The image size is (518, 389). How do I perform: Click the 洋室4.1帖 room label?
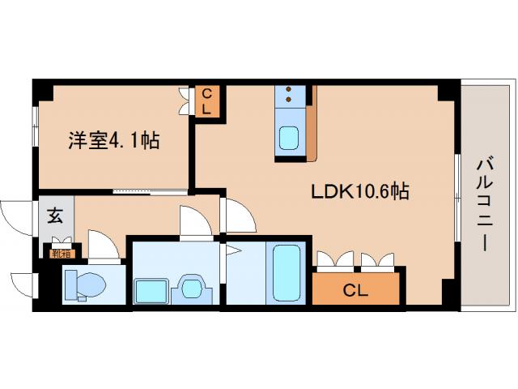(113, 140)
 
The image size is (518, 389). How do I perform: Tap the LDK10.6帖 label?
(359, 192)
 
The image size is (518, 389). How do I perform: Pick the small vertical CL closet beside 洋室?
(206, 100)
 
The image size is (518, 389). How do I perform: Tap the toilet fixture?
(84, 284)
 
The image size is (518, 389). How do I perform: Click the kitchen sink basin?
(289, 139)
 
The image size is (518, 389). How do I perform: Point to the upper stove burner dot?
(288, 88)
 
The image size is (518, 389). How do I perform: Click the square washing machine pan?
(150, 289)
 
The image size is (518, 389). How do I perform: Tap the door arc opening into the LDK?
(238, 215)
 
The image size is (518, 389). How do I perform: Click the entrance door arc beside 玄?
(16, 216)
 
